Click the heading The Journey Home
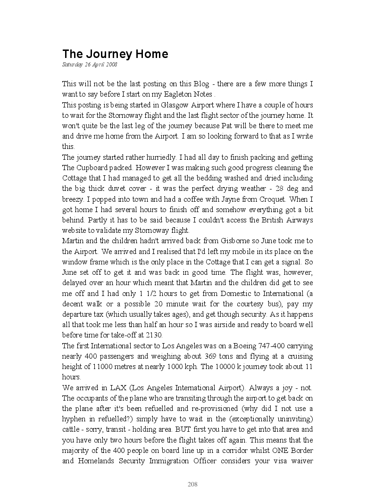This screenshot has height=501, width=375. pyautogui.click(x=115, y=54)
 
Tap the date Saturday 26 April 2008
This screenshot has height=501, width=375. pyautogui.click(x=90, y=65)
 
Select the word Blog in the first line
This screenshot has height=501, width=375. pyautogui.click(x=201, y=84)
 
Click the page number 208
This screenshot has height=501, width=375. pyautogui.click(x=192, y=484)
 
